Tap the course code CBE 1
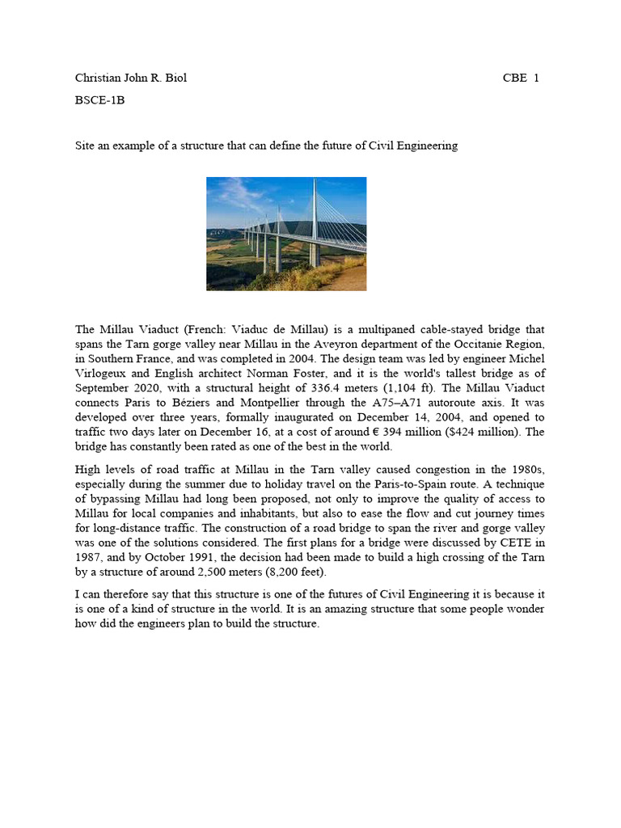(x=521, y=78)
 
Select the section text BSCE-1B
(x=99, y=101)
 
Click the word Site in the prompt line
(x=85, y=146)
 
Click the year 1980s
(x=528, y=470)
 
